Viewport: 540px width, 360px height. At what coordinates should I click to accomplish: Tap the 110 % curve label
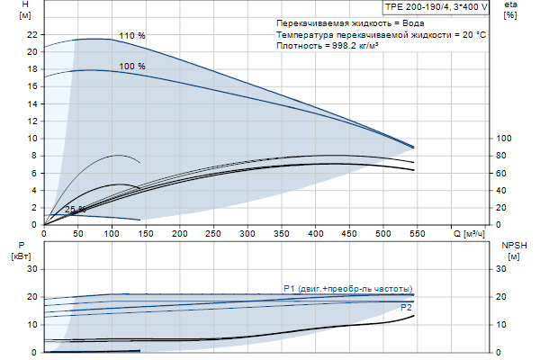coord(131,35)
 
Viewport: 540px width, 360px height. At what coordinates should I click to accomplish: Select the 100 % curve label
coord(131,67)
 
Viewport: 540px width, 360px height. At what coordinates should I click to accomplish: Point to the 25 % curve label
coord(76,210)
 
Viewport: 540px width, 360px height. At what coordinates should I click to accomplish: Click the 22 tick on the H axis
coord(32,34)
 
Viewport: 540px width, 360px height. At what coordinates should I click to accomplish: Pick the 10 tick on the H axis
coord(32,139)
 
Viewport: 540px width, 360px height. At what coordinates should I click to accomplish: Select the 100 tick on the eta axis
coord(505,139)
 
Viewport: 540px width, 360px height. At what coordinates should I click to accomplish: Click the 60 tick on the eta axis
coord(504,173)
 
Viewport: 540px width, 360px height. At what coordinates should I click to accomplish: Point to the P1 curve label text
coord(346,288)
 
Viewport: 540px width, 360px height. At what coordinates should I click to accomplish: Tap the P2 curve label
coord(406,308)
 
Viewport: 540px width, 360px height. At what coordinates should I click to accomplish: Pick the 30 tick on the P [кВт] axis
coord(32,269)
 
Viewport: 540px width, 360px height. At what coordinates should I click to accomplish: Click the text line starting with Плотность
coord(327,45)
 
